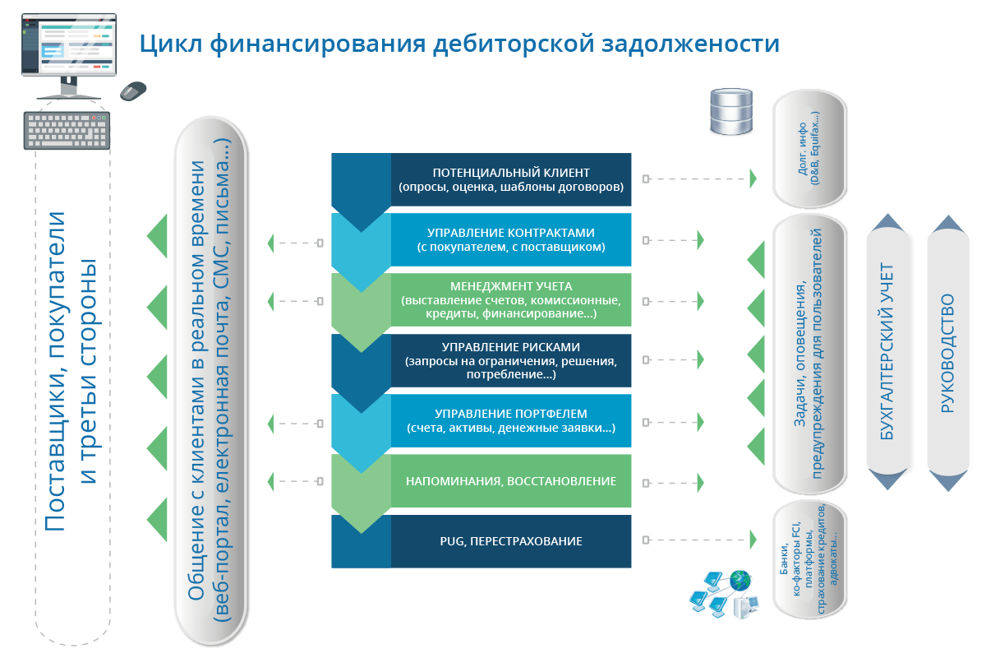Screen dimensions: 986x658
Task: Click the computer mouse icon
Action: (x=133, y=90)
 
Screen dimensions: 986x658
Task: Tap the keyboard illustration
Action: (x=67, y=131)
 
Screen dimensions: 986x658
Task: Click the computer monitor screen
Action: (x=69, y=44)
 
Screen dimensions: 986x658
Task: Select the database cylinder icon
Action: (x=731, y=111)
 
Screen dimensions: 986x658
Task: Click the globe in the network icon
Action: (x=740, y=581)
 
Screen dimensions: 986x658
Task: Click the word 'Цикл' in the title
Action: (x=171, y=44)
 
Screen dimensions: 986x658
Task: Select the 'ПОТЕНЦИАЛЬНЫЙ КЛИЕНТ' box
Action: (x=510, y=179)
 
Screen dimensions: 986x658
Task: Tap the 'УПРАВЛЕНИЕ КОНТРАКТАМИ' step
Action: (x=510, y=239)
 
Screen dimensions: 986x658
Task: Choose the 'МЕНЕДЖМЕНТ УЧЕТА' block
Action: (x=510, y=299)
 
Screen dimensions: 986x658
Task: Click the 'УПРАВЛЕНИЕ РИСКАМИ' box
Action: (x=510, y=360)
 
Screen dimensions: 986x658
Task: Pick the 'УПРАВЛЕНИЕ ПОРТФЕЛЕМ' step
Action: (x=510, y=420)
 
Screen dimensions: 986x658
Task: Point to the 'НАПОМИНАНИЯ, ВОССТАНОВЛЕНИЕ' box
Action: (x=510, y=481)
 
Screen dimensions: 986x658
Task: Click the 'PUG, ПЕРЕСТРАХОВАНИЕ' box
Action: (x=510, y=541)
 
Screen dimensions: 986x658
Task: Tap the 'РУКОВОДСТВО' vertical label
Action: (x=947, y=353)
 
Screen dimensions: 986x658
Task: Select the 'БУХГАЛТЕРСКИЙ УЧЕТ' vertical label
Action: (x=887, y=351)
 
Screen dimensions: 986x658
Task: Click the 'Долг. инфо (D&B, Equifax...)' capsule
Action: (x=809, y=149)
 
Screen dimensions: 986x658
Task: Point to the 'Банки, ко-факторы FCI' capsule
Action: (x=809, y=560)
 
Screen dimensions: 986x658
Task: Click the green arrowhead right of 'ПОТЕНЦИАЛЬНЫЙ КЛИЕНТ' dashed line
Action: (x=753, y=179)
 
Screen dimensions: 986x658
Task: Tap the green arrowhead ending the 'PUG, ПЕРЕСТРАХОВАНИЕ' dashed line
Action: (x=753, y=540)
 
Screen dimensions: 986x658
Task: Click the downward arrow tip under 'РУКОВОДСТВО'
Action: (x=948, y=491)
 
